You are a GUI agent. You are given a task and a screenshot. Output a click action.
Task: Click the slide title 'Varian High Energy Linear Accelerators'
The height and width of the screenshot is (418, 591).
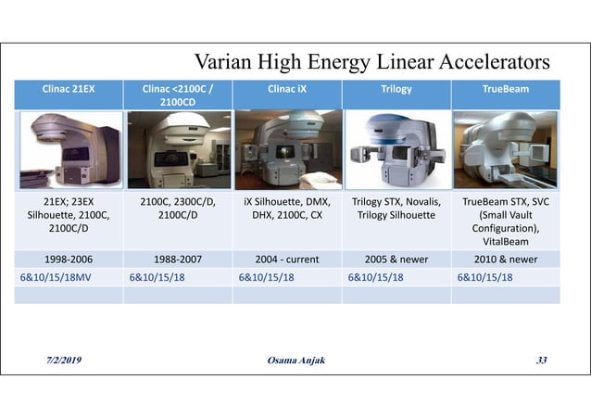coord(371,64)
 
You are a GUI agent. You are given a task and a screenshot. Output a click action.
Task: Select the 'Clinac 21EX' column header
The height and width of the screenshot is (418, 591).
coord(69,90)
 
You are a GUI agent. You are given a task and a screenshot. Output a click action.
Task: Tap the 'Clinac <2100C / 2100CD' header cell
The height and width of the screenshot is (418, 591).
coord(178,95)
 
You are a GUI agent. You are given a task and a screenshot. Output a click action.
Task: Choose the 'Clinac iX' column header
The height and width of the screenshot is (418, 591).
coord(287,90)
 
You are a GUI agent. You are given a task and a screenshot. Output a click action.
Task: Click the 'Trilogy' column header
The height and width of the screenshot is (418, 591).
coord(396,90)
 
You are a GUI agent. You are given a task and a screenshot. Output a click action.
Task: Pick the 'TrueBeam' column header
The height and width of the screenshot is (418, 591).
coord(506,90)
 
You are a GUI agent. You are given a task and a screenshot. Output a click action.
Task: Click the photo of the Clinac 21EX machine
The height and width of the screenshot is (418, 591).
coord(69,149)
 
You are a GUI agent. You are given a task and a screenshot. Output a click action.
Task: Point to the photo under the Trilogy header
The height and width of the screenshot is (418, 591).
coord(396,149)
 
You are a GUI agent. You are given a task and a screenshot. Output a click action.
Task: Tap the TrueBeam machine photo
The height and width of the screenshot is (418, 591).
coord(506,149)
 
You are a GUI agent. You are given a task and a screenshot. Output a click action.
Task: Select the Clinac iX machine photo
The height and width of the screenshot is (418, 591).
coord(287,149)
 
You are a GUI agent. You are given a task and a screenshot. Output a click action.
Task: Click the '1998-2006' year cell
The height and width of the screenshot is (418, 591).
coord(69,260)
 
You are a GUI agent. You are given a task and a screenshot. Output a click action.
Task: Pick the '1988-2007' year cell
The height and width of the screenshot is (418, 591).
coord(178,260)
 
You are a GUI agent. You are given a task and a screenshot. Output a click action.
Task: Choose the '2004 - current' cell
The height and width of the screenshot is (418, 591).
coord(287,260)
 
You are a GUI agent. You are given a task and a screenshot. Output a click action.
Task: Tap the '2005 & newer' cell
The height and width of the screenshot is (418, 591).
coord(396,260)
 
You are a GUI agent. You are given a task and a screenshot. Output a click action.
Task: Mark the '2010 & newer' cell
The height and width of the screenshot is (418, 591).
coord(506,260)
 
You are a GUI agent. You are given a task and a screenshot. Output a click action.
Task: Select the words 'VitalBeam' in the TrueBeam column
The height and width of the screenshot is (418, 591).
coord(506,241)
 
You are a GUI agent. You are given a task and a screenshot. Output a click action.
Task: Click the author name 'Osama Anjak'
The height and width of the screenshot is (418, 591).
coord(295,360)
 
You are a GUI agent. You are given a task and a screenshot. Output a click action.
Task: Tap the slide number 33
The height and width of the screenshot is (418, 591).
coord(540,360)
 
